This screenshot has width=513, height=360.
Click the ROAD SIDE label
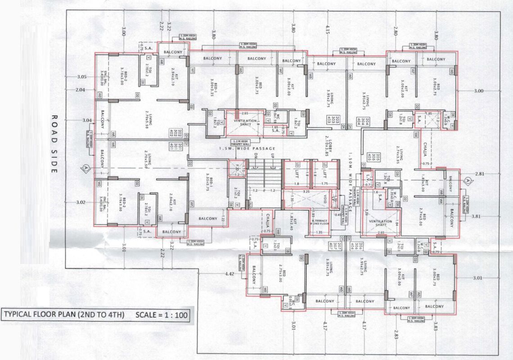(x=54, y=144)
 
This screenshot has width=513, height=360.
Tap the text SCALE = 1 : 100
(x=162, y=315)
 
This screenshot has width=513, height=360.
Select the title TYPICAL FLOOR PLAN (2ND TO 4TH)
(x=64, y=315)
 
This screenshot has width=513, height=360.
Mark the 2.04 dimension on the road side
(x=80, y=90)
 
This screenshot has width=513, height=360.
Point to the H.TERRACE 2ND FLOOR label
(x=318, y=219)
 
